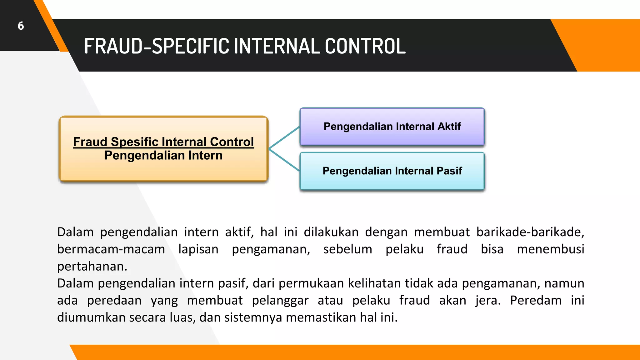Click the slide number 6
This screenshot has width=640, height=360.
pyautogui.click(x=21, y=26)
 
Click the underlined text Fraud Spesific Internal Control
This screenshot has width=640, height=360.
pyautogui.click(x=163, y=142)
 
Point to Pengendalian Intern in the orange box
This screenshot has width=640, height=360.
pyautogui.click(x=163, y=155)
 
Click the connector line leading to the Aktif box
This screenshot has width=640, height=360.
pyautogui.click(x=284, y=137)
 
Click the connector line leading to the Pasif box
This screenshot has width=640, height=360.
pyautogui.click(x=284, y=160)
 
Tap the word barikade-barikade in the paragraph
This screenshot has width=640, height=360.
pyautogui.click(x=530, y=232)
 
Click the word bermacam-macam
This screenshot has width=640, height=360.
pyautogui.click(x=111, y=249)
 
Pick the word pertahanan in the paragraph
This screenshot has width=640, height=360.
pyautogui.click(x=92, y=267)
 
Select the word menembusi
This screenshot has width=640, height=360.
pyautogui.click(x=550, y=249)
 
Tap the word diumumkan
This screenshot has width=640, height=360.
pyautogui.click(x=92, y=317)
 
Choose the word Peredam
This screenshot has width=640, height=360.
pyautogui.click(x=536, y=301)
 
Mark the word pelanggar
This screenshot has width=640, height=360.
pyautogui.click(x=280, y=301)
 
